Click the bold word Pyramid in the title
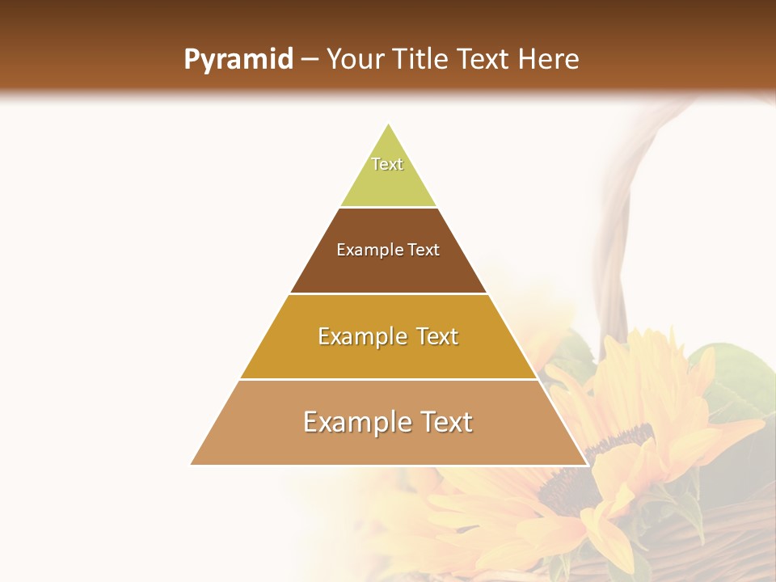click(x=238, y=60)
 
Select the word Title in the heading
click(x=421, y=60)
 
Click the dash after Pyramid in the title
click(x=309, y=60)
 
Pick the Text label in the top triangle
click(x=387, y=164)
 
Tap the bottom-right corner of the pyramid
click(x=586, y=464)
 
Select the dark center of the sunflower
click(x=586, y=469)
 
